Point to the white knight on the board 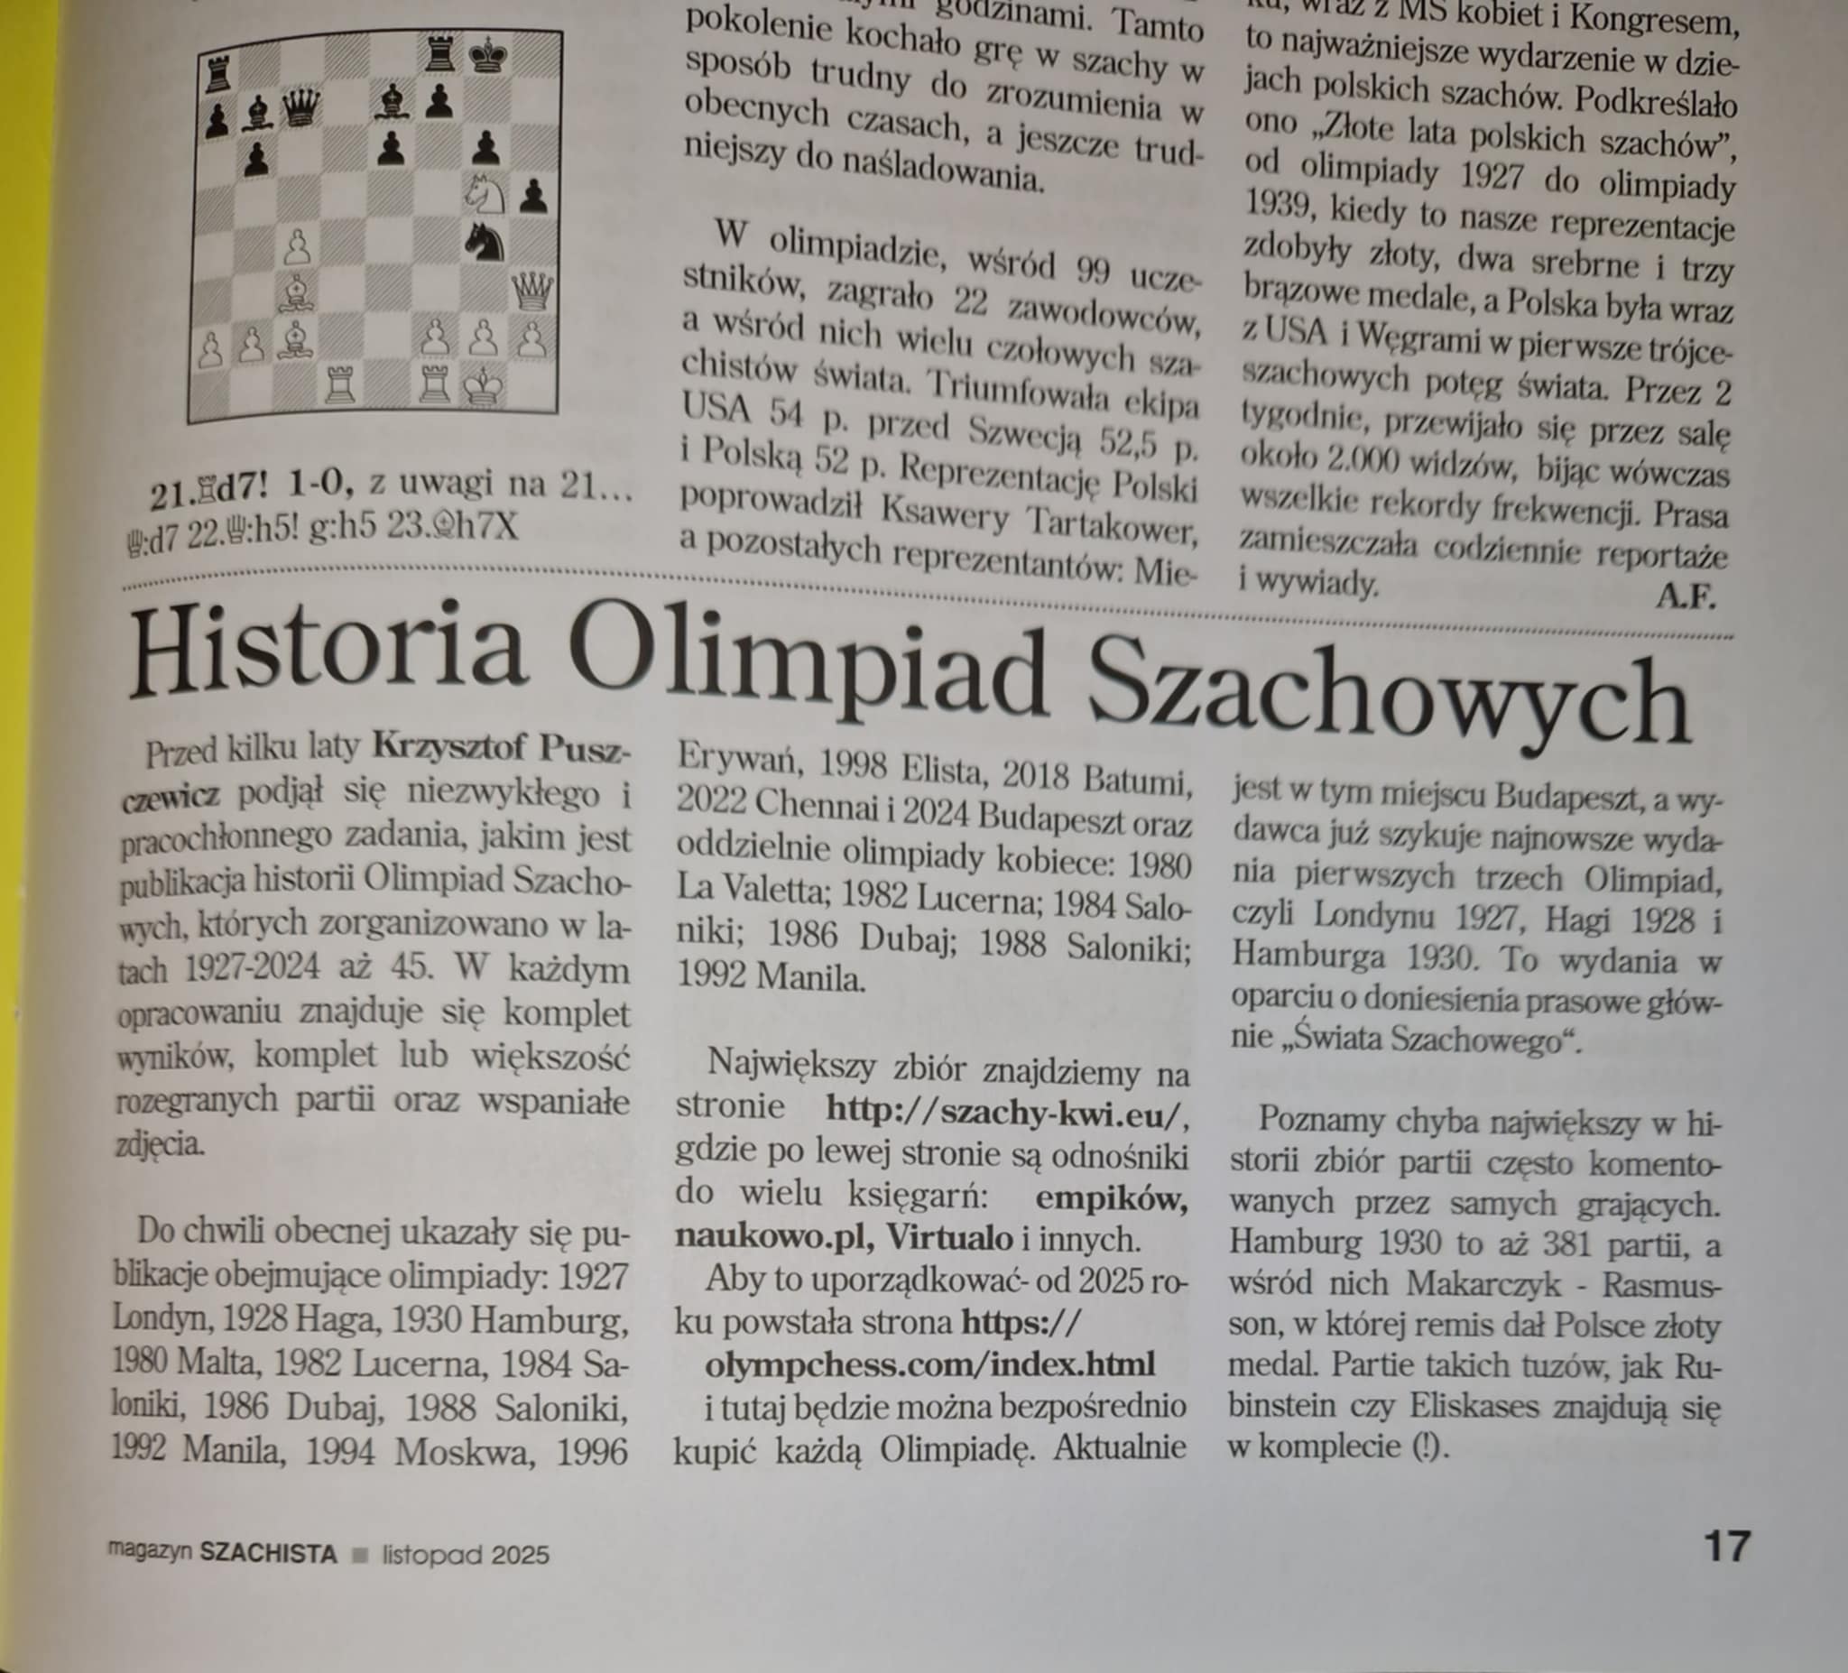coord(485,192)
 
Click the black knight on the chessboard coord(485,242)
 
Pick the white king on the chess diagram coord(482,387)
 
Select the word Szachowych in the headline coord(1390,698)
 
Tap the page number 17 coord(1727,1546)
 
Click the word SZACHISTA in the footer coord(269,1555)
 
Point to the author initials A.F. coord(1685,596)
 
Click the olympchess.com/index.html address coord(929,1364)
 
